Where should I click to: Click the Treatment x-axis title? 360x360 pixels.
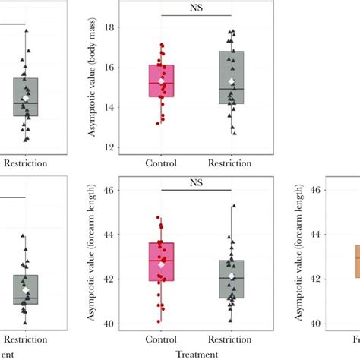click(x=197, y=354)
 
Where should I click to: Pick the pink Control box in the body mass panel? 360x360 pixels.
click(x=161, y=81)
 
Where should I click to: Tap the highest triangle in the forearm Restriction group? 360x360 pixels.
click(x=233, y=205)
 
